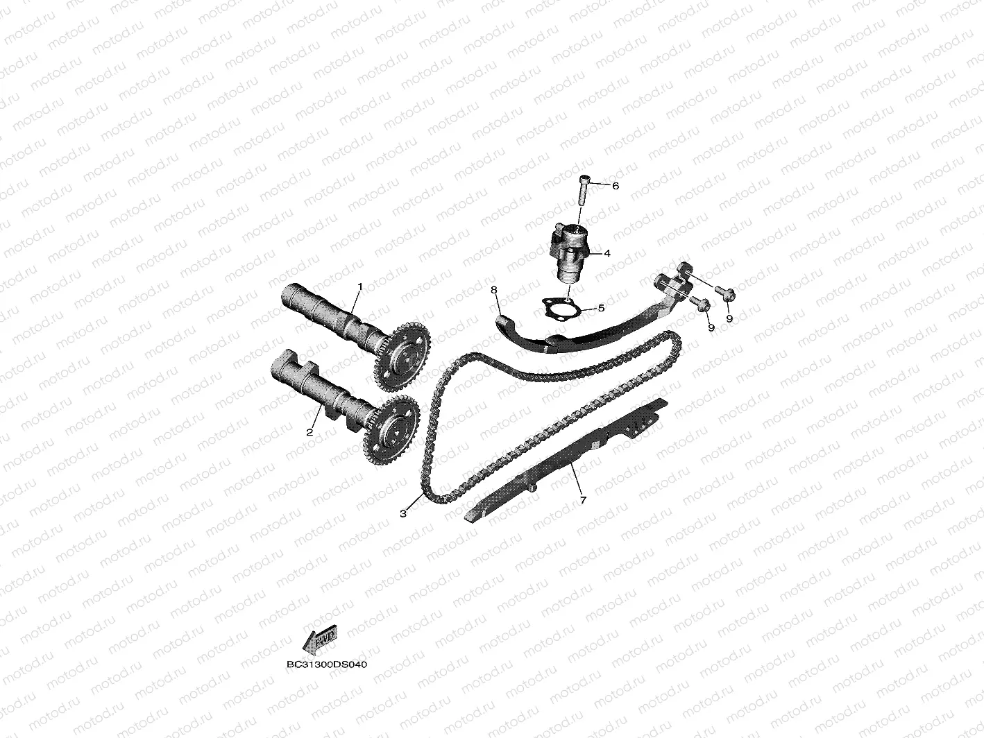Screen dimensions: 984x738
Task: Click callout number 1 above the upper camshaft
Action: coord(360,286)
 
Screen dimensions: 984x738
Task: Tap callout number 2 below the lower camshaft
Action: coord(310,431)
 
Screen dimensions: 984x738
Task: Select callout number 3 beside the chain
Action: coord(403,513)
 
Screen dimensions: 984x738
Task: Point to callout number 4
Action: coord(606,253)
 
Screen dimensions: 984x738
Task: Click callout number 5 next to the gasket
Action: coord(601,307)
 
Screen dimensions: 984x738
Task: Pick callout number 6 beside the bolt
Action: coord(615,186)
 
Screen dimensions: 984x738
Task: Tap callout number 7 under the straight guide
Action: coord(583,499)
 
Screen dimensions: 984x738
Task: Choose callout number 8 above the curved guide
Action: coord(494,289)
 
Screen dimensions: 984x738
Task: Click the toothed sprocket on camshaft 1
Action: coord(400,354)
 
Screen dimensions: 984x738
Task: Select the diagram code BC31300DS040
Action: coord(326,664)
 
